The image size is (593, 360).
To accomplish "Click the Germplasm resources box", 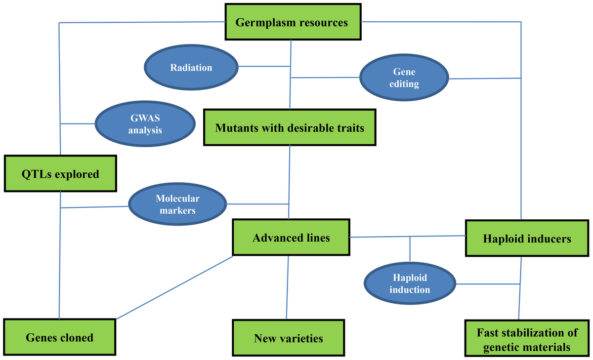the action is click(292, 22).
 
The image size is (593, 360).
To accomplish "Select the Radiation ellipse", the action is click(191, 68).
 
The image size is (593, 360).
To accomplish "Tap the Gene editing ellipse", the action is click(404, 78).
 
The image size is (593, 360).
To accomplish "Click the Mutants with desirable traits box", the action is click(290, 128).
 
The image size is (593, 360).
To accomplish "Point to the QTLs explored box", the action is click(60, 174).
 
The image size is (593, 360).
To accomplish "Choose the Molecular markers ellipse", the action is click(177, 204).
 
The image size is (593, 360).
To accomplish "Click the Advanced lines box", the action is click(291, 238).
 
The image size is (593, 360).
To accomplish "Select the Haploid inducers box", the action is click(526, 239).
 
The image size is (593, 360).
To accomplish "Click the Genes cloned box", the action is click(59, 337).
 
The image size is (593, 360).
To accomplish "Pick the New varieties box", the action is click(288, 338).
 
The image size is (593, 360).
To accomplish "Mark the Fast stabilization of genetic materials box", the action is click(526, 339).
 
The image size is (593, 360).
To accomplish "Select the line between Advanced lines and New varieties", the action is click(287, 286).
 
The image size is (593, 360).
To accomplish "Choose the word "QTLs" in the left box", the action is click(36, 174).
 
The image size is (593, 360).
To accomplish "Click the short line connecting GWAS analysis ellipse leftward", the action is click(77, 123).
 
